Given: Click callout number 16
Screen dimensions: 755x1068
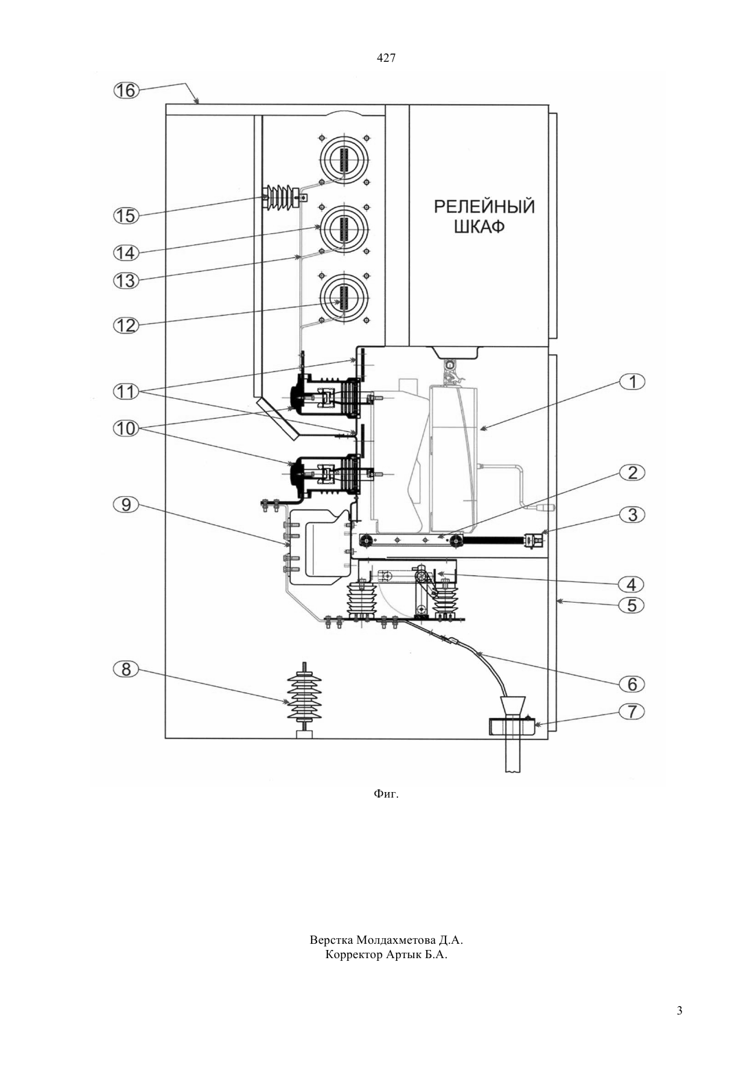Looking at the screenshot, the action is (126, 90).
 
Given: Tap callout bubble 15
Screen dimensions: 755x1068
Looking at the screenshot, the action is (126, 216).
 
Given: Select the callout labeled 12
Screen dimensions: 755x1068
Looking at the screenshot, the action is (126, 325).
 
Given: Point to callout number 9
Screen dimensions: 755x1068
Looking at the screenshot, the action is (126, 504).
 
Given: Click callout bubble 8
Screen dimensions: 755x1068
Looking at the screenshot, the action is (126, 669).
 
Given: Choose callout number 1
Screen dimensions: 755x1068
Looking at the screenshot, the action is (632, 382).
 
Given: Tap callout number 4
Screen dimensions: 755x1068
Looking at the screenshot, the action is (632, 584).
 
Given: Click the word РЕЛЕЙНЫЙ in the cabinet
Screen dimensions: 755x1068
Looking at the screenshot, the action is (485, 207).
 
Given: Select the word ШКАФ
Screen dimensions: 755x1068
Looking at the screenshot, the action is (479, 227).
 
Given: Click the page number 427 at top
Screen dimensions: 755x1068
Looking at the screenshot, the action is (386, 58).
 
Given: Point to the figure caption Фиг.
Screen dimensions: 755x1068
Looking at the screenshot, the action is (386, 794).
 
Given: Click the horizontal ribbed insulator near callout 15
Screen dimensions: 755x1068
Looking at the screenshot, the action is (283, 196).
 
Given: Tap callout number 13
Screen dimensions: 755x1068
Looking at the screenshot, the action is (126, 281).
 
